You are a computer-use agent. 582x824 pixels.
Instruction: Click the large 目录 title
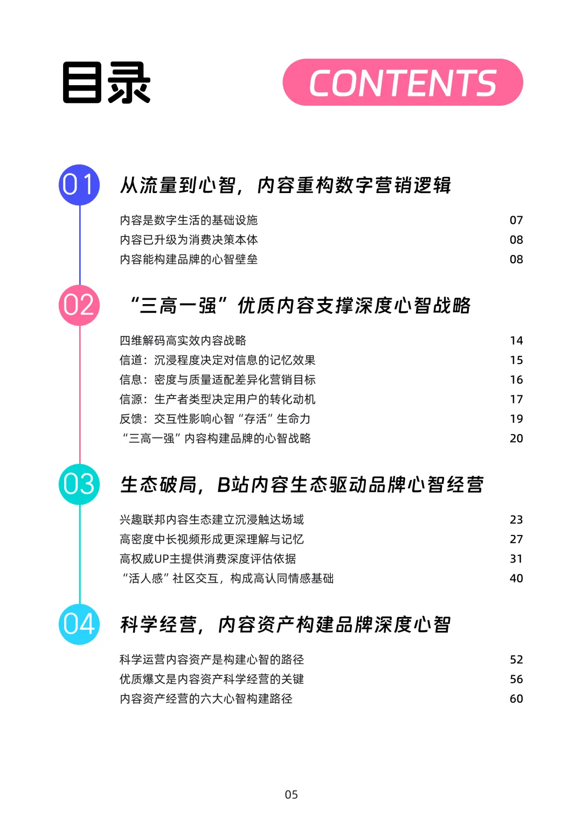[x=107, y=83]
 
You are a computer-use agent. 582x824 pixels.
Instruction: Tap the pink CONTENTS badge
[x=403, y=83]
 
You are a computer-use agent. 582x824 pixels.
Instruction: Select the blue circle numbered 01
[x=79, y=185]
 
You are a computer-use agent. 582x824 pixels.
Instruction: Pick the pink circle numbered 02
[x=79, y=305]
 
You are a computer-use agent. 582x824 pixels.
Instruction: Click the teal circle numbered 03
[x=79, y=484]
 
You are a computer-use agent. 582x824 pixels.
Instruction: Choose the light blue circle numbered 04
[x=79, y=624]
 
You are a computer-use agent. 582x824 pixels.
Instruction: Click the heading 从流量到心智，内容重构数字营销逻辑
[x=286, y=186]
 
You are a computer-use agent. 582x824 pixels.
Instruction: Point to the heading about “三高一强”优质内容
[x=300, y=306]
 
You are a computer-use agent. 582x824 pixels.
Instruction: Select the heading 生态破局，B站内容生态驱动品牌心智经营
[x=302, y=485]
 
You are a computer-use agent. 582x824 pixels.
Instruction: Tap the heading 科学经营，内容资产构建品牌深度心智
[x=286, y=625]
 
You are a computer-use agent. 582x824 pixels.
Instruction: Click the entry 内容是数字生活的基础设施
[x=189, y=220]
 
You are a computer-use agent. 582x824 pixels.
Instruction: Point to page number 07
[x=516, y=220]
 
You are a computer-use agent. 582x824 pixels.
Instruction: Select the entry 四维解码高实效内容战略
[x=183, y=340]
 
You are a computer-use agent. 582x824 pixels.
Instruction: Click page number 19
[x=516, y=419]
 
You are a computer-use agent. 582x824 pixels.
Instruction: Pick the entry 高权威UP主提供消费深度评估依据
[x=207, y=559]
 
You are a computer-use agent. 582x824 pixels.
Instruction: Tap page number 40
[x=516, y=579]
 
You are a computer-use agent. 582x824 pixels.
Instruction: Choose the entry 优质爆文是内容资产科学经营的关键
[x=212, y=679]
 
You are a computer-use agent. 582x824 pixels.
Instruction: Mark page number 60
[x=516, y=699]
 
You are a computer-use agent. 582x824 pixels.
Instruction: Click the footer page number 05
[x=291, y=794]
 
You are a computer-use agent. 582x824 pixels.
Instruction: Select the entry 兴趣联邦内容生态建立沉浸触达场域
[x=212, y=519]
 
